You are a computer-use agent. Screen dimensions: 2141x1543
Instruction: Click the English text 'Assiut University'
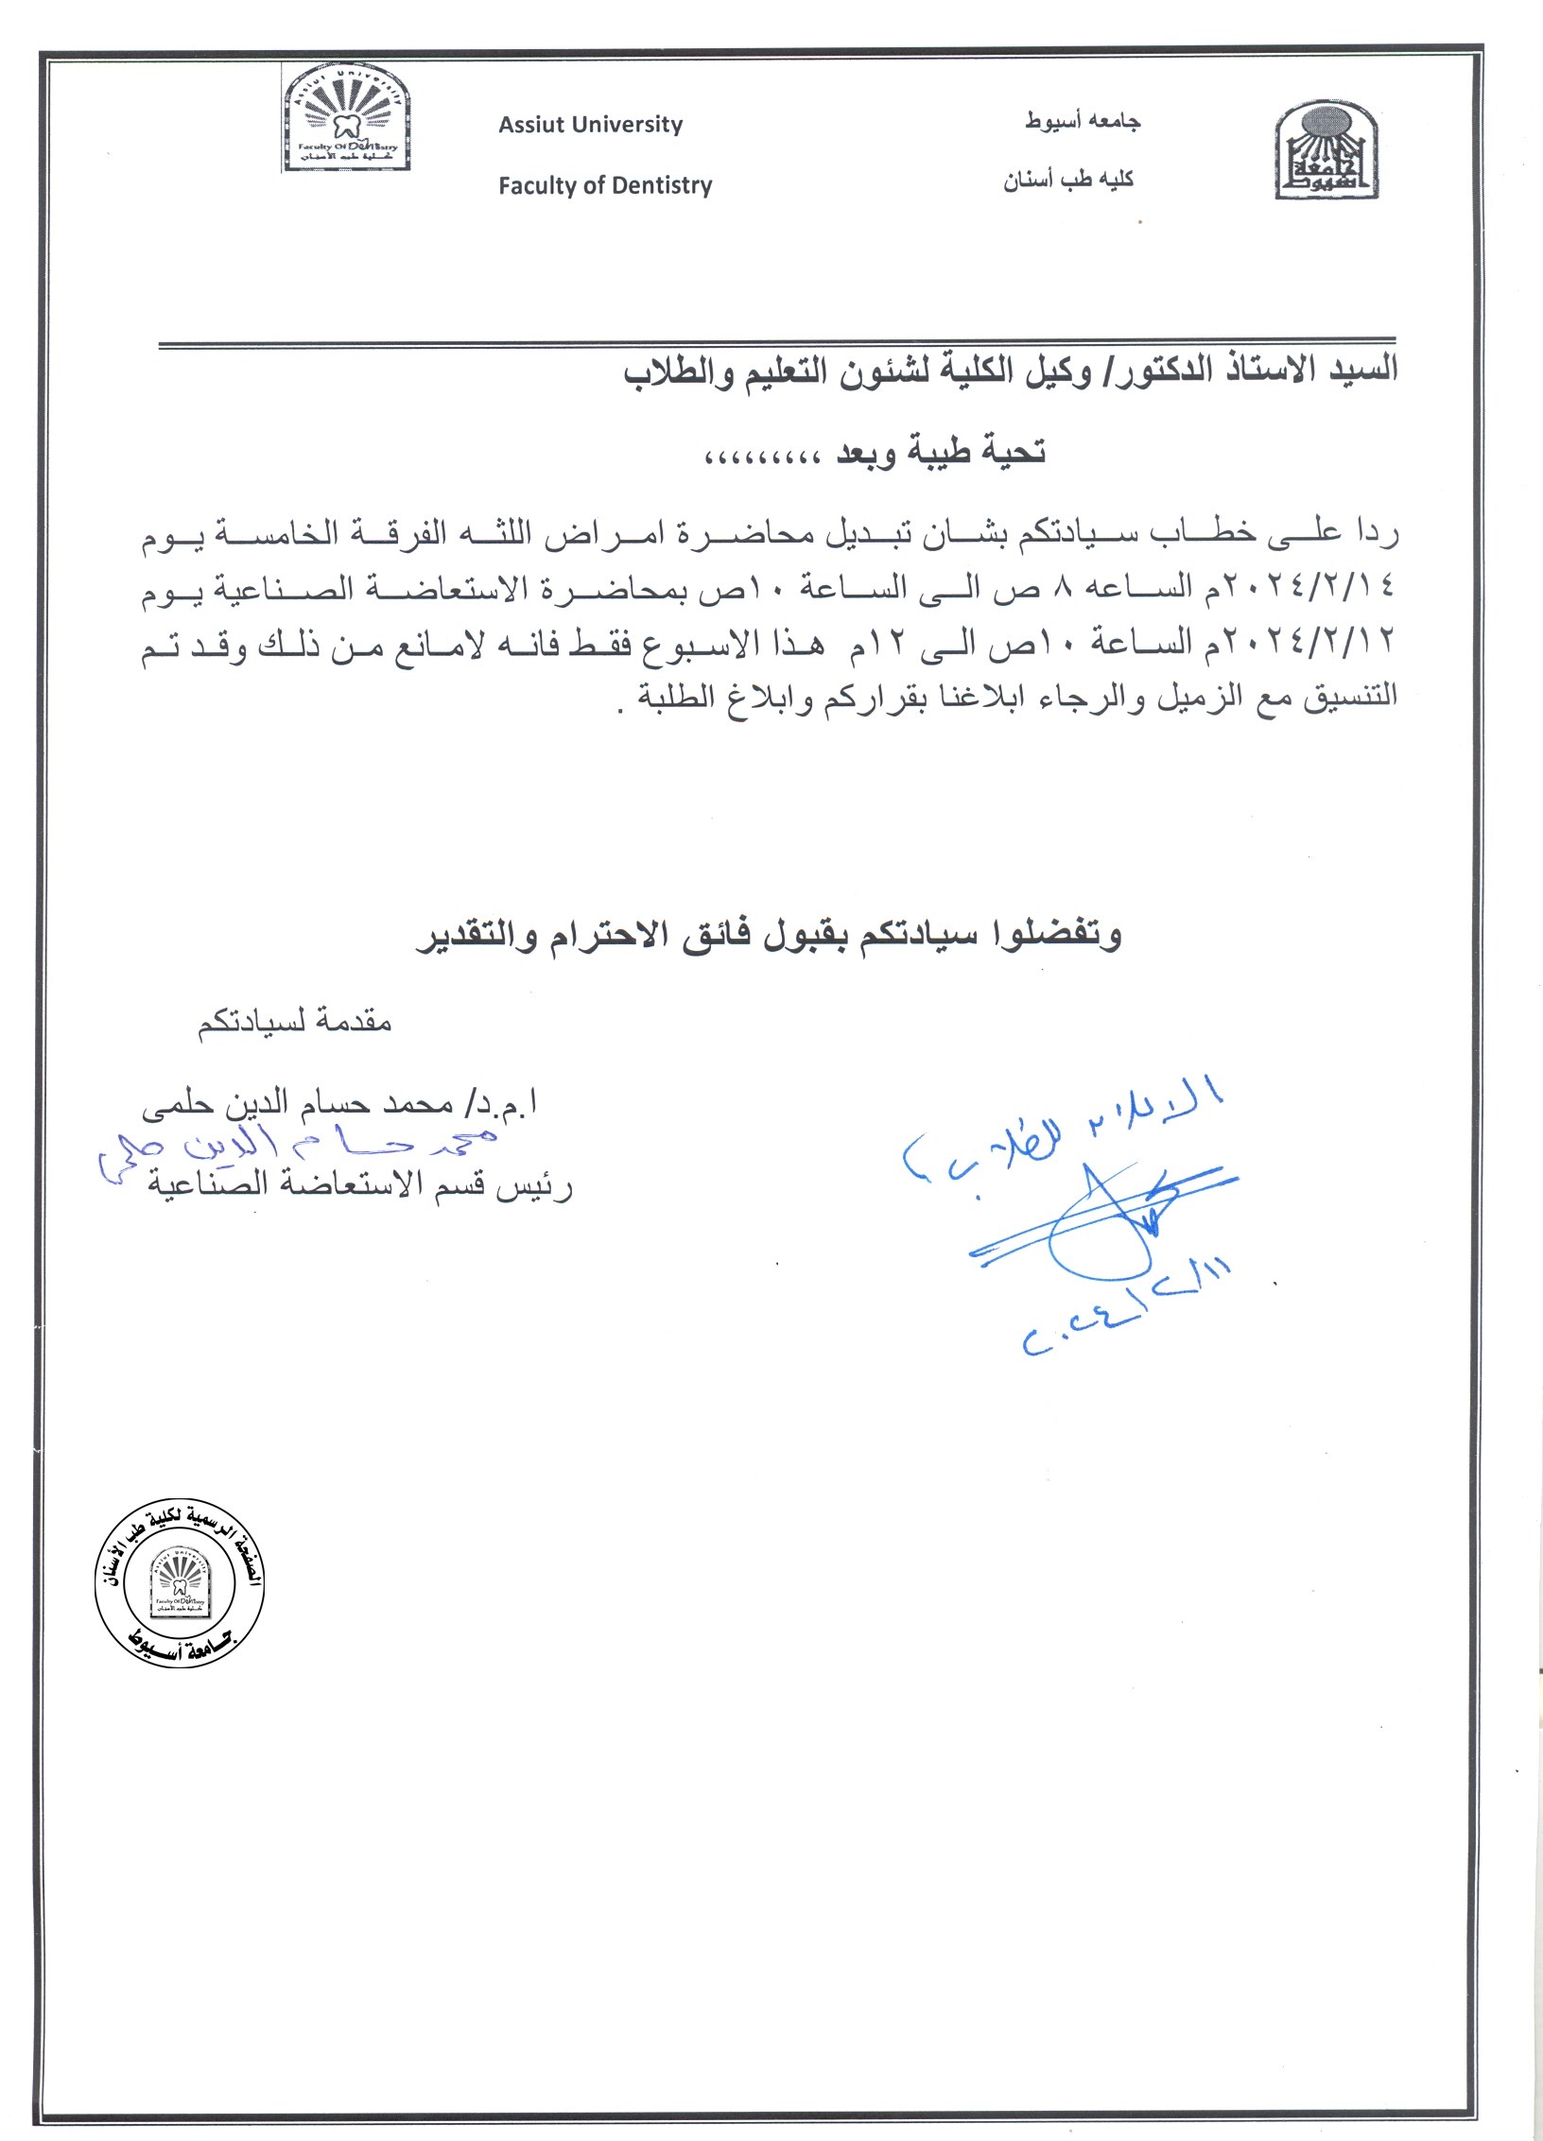click(590, 125)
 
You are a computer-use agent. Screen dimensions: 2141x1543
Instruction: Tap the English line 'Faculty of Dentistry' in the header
click(605, 185)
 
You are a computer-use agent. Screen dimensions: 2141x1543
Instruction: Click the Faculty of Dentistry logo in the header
click(347, 117)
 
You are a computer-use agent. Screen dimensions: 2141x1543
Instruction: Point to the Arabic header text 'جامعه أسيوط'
click(1084, 121)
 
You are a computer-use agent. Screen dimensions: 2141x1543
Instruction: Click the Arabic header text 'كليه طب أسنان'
click(1068, 179)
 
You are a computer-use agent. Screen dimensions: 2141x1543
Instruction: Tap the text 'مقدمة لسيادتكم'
click(294, 1022)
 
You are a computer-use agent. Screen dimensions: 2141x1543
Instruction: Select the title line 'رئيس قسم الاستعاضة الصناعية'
click(359, 1185)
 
